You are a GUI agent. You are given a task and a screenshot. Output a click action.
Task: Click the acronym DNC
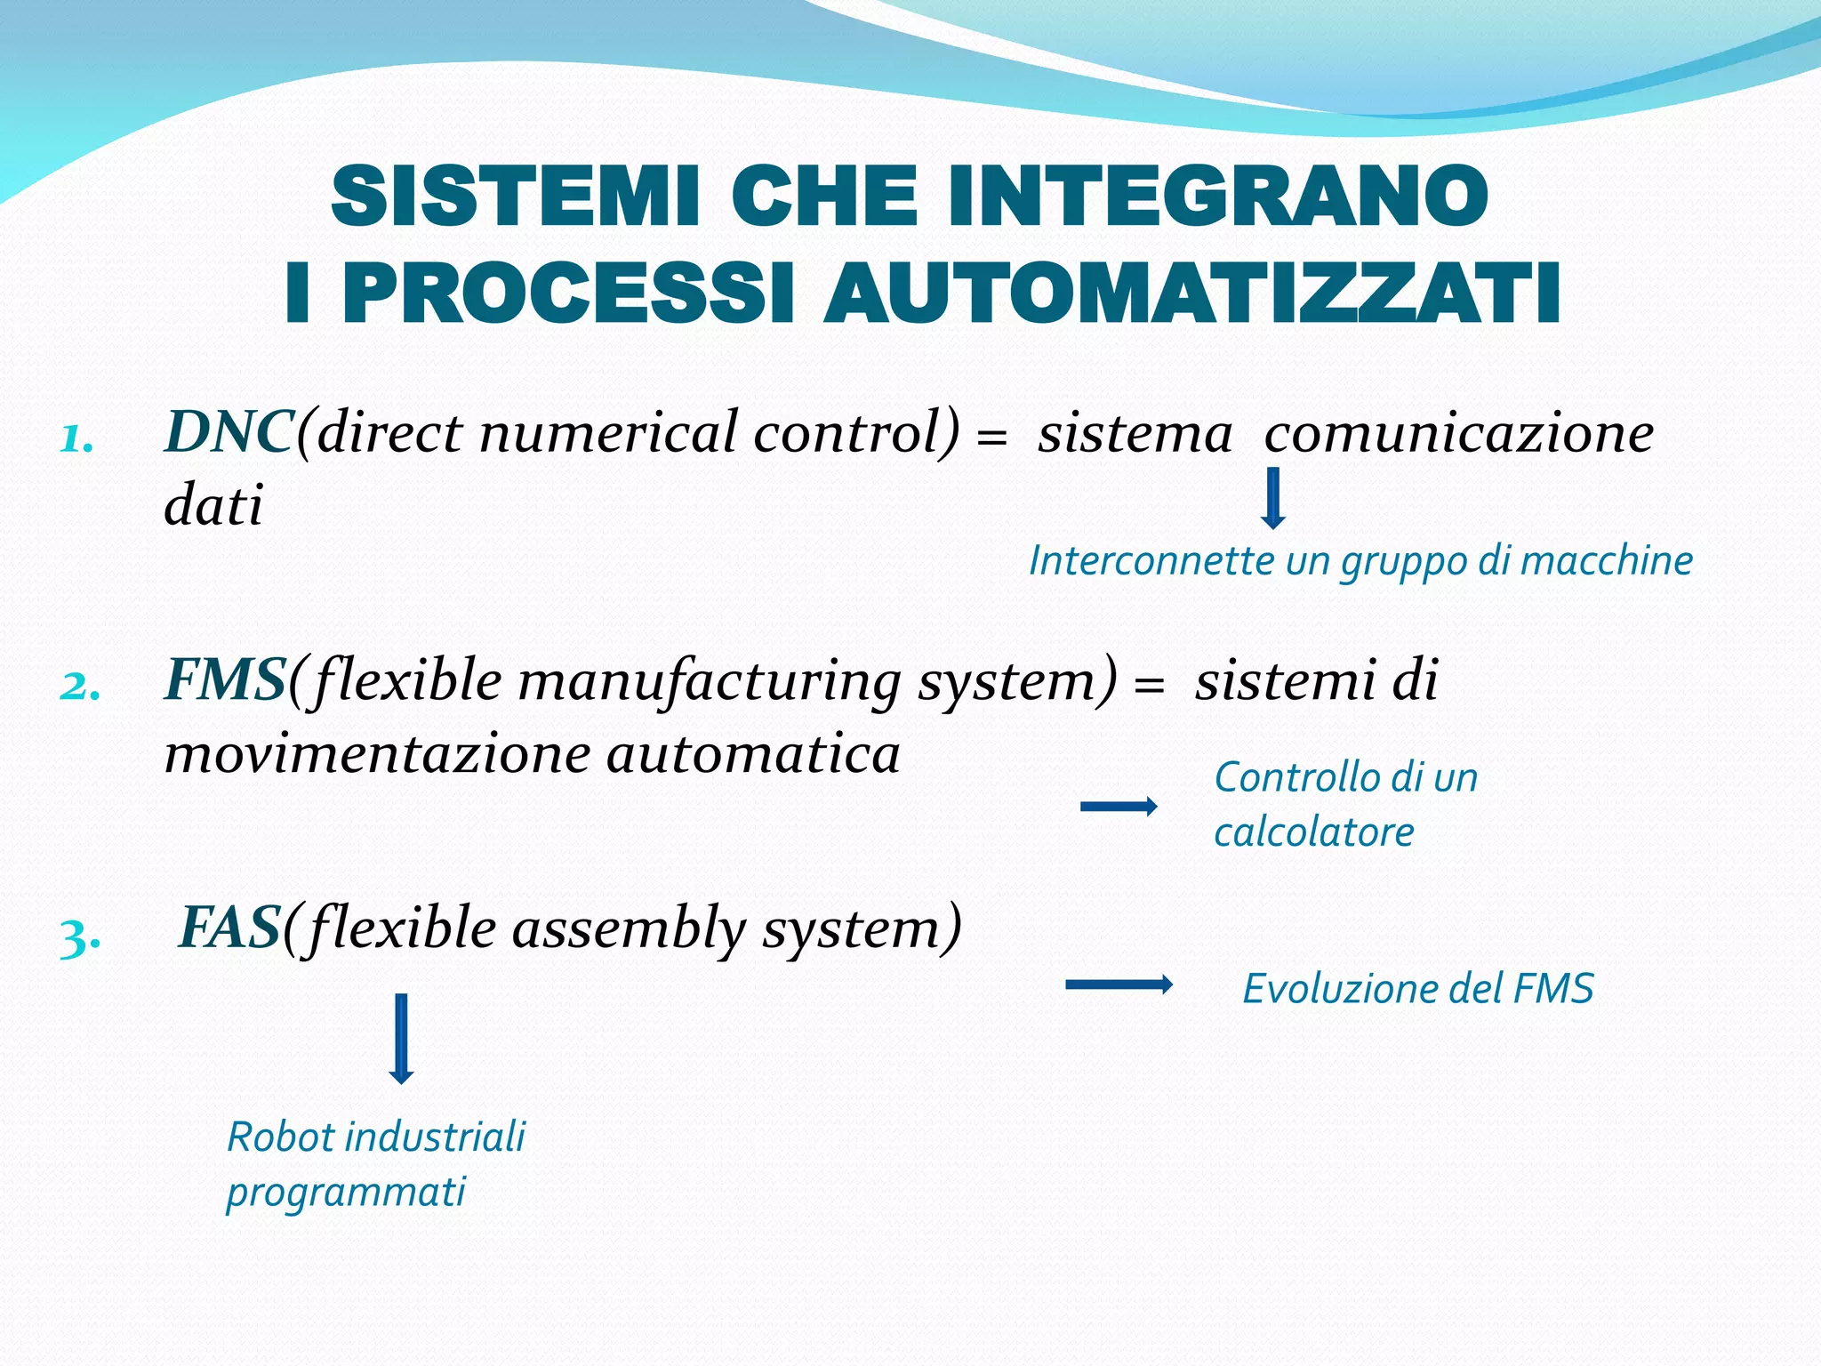229,433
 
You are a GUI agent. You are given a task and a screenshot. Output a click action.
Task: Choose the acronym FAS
230,928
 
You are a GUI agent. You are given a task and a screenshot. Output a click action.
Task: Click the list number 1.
77,438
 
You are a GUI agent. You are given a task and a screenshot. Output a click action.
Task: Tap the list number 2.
79,686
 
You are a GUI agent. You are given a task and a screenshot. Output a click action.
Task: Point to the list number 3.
79,937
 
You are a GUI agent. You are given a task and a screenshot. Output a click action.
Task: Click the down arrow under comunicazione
1273,498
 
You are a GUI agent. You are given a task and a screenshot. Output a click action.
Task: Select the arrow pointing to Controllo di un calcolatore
1118,807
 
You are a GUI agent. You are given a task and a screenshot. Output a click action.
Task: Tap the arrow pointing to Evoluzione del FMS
1118,984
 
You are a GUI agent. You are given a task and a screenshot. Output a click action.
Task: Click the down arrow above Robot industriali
401,1038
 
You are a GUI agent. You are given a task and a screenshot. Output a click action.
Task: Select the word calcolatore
1313,832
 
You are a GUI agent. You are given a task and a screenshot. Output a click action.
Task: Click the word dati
213,506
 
